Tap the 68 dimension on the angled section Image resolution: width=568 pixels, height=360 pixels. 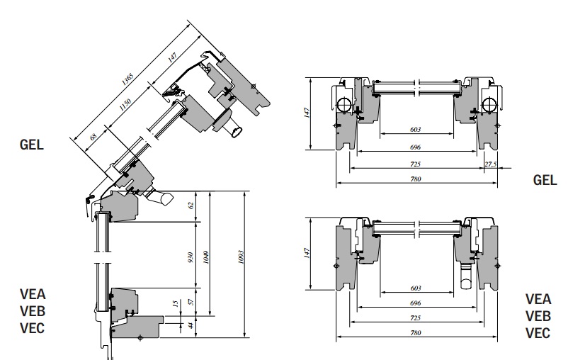coord(93,134)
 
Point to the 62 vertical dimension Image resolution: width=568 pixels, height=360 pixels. coord(191,206)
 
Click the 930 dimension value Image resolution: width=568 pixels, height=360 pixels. coord(191,257)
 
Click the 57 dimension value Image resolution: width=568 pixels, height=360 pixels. coord(191,303)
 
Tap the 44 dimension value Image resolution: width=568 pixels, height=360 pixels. coord(191,325)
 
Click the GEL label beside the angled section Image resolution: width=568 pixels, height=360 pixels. coord(33,145)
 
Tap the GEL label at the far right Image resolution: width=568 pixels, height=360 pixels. coord(545,180)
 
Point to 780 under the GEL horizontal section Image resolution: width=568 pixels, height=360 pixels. coord(416,179)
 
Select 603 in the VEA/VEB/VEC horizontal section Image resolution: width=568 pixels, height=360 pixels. coord(416,289)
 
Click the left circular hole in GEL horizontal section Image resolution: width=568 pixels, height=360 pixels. coord(344,105)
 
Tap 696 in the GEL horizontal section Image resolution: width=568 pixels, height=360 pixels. coord(416,147)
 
